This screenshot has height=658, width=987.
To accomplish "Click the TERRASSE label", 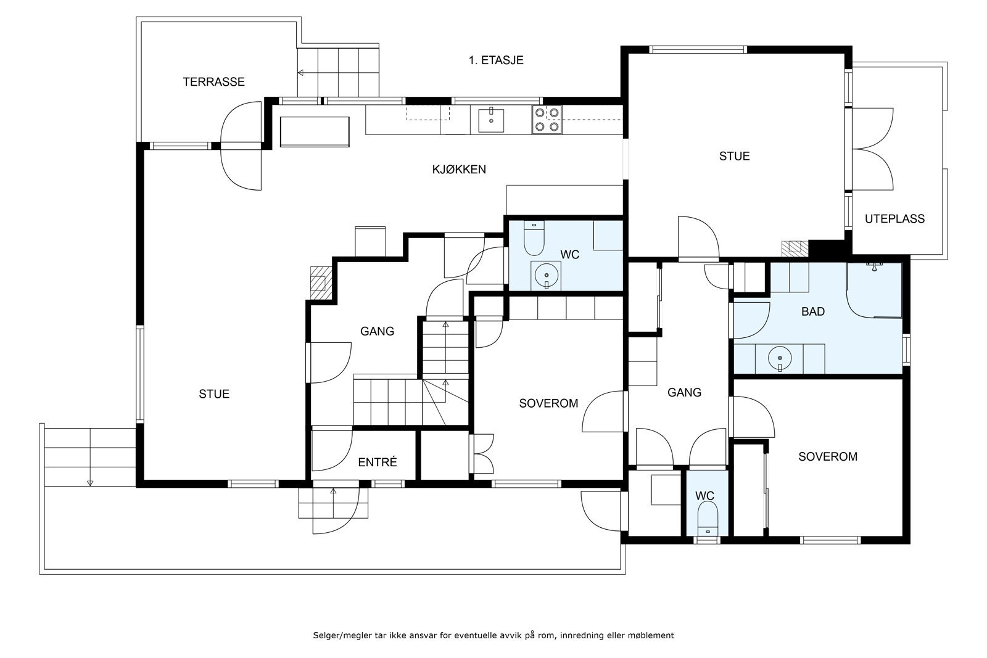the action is pyautogui.click(x=213, y=82).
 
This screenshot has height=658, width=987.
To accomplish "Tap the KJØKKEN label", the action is pyautogui.click(x=459, y=170).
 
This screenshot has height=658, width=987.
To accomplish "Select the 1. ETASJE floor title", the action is pyautogui.click(x=496, y=60).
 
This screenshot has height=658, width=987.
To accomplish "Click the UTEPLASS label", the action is pyautogui.click(x=894, y=219).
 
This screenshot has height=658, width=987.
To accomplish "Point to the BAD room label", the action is pyautogui.click(x=813, y=312).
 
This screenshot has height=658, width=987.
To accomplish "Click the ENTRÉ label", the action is pyautogui.click(x=377, y=462).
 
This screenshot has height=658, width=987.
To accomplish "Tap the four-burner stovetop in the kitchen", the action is pyautogui.click(x=547, y=120).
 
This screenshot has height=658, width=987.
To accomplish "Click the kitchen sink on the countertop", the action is pyautogui.click(x=491, y=120).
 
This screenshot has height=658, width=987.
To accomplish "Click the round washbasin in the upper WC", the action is pyautogui.click(x=547, y=275).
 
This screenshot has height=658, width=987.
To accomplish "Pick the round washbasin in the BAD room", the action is pyautogui.click(x=780, y=358).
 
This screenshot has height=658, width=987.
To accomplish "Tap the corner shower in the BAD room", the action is pyautogui.click(x=874, y=290).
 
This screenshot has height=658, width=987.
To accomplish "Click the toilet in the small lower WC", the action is pyautogui.click(x=708, y=519).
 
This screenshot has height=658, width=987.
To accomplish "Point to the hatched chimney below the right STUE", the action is pyautogui.click(x=795, y=249).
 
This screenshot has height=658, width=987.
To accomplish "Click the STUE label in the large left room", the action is pyautogui.click(x=214, y=394).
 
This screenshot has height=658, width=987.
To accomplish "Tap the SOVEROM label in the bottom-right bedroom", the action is pyautogui.click(x=828, y=457).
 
